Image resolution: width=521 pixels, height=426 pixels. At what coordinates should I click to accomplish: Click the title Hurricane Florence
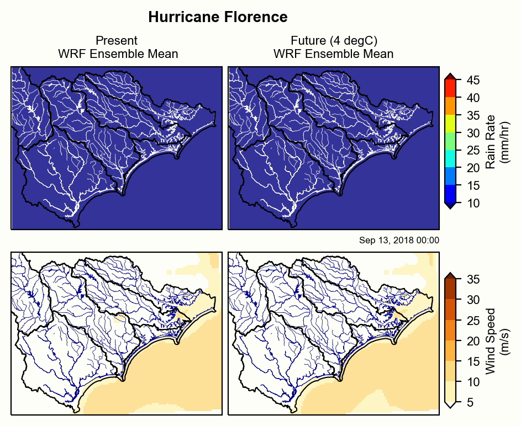point(218,17)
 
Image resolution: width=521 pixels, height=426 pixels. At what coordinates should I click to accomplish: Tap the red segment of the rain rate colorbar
point(450,88)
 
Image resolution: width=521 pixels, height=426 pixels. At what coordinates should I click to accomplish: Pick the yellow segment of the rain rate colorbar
point(450,124)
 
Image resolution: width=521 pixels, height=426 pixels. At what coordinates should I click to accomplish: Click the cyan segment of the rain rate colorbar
point(450,159)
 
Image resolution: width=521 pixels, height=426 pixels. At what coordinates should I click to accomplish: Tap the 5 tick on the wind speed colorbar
point(468,403)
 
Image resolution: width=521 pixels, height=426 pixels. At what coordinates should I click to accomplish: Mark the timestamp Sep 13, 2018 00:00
point(399,240)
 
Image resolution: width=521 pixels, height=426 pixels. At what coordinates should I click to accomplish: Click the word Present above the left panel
point(117,41)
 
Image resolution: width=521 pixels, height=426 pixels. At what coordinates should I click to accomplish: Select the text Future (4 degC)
point(334,41)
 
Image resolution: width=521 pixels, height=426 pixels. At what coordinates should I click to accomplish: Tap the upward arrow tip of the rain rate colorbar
point(450,76)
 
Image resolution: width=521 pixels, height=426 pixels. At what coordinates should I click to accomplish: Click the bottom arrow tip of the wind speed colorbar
point(450,406)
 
